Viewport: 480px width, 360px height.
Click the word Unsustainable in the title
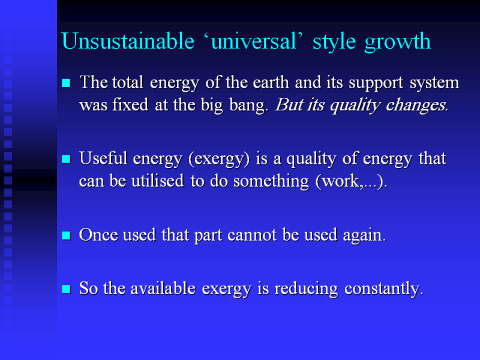coord(128,41)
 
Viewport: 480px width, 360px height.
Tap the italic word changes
coord(416,106)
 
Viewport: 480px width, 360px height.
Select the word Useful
coord(103,158)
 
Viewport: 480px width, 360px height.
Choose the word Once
coord(98,235)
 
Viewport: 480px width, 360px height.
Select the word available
coord(163,289)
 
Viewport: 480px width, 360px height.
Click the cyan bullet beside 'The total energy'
coord(66,83)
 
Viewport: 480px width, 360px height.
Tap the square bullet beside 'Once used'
coord(66,235)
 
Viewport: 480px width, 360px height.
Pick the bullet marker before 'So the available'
coord(66,289)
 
